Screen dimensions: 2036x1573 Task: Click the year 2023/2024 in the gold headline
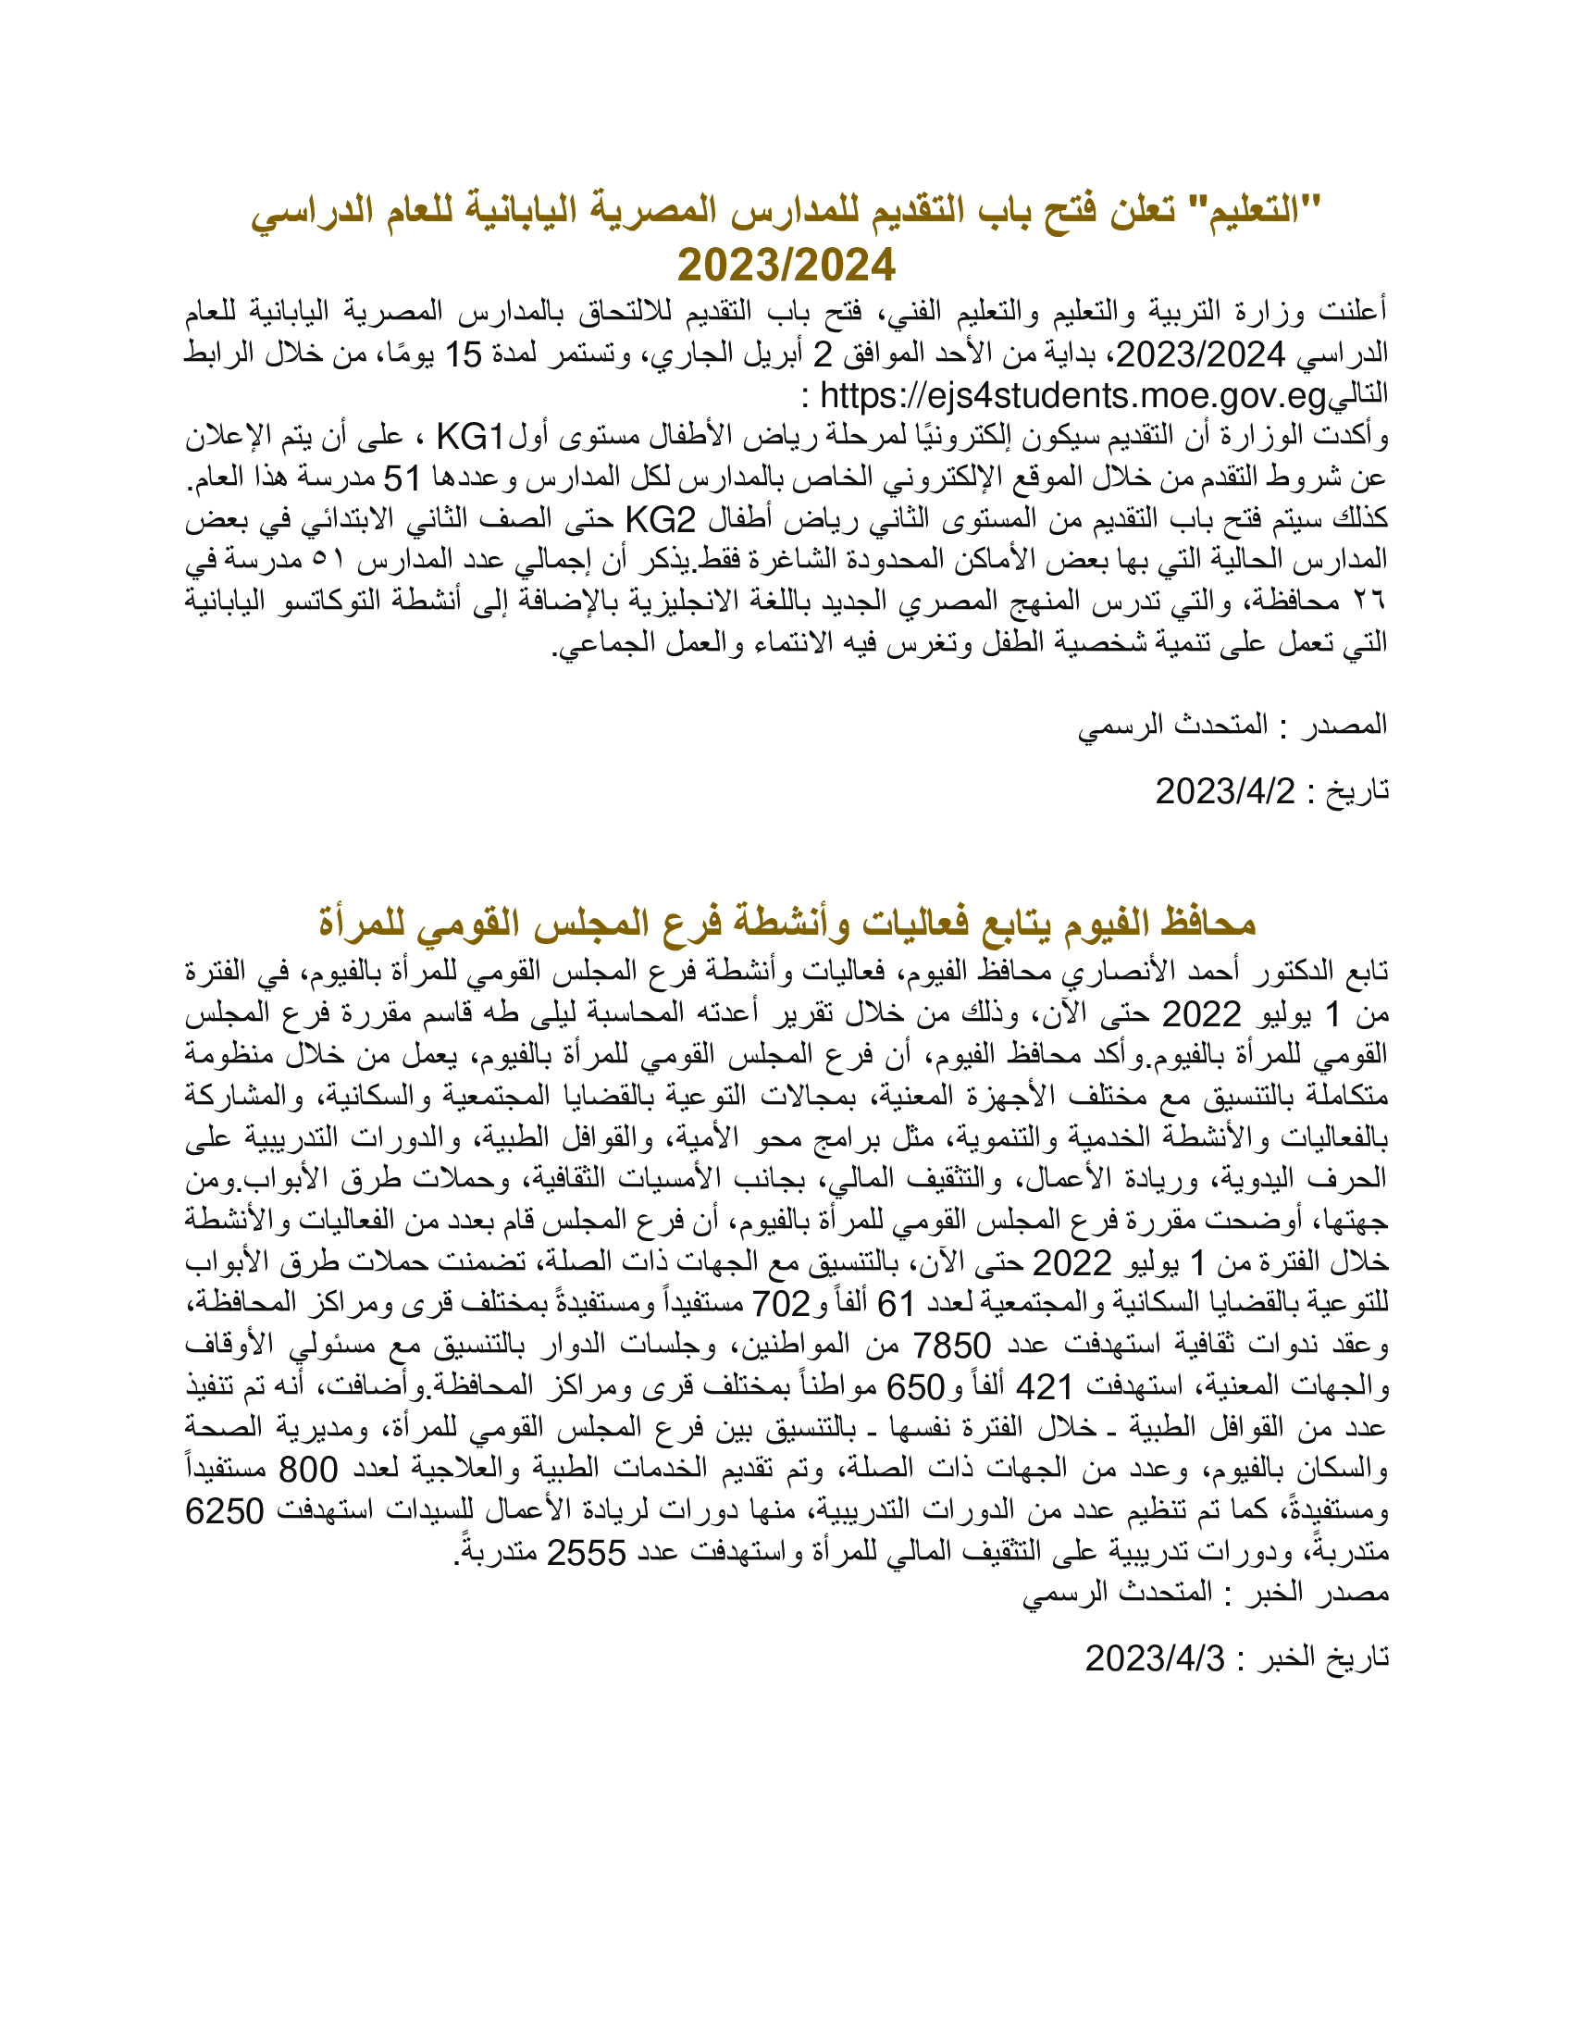pyautogui.click(x=786, y=266)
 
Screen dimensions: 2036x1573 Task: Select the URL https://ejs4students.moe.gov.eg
pyautogui.click(x=1072, y=396)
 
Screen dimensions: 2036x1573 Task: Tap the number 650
pyautogui.click(x=915, y=1387)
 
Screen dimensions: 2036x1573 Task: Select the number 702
pyautogui.click(x=781, y=1304)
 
